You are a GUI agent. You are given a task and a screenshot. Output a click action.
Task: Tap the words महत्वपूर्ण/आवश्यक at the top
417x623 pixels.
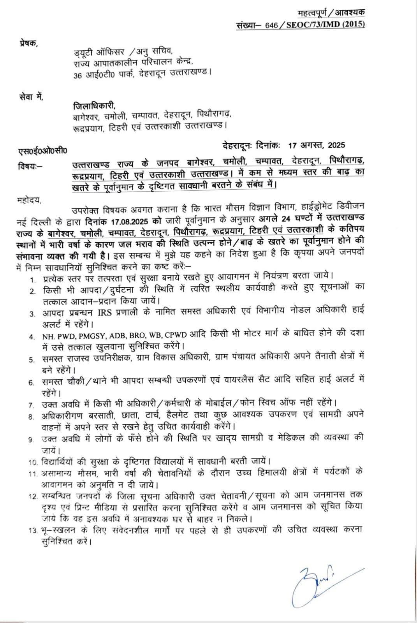(x=331, y=13)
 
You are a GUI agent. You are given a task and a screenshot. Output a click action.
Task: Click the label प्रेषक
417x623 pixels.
(x=29, y=43)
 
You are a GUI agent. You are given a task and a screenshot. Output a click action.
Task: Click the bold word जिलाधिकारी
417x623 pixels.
(x=95, y=106)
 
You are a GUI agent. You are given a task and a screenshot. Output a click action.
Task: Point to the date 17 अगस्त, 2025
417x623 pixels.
(x=317, y=146)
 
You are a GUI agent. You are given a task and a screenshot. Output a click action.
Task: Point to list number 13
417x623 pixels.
(x=33, y=530)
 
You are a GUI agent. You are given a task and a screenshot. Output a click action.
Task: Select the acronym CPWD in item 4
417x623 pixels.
(x=176, y=336)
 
